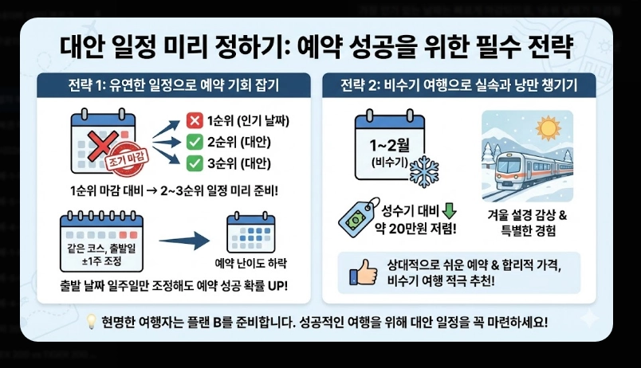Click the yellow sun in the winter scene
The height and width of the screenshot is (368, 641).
551,127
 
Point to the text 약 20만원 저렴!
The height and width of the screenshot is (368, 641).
418,229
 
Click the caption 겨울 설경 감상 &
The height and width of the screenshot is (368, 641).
527,215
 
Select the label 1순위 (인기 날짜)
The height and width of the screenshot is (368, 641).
248,122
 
